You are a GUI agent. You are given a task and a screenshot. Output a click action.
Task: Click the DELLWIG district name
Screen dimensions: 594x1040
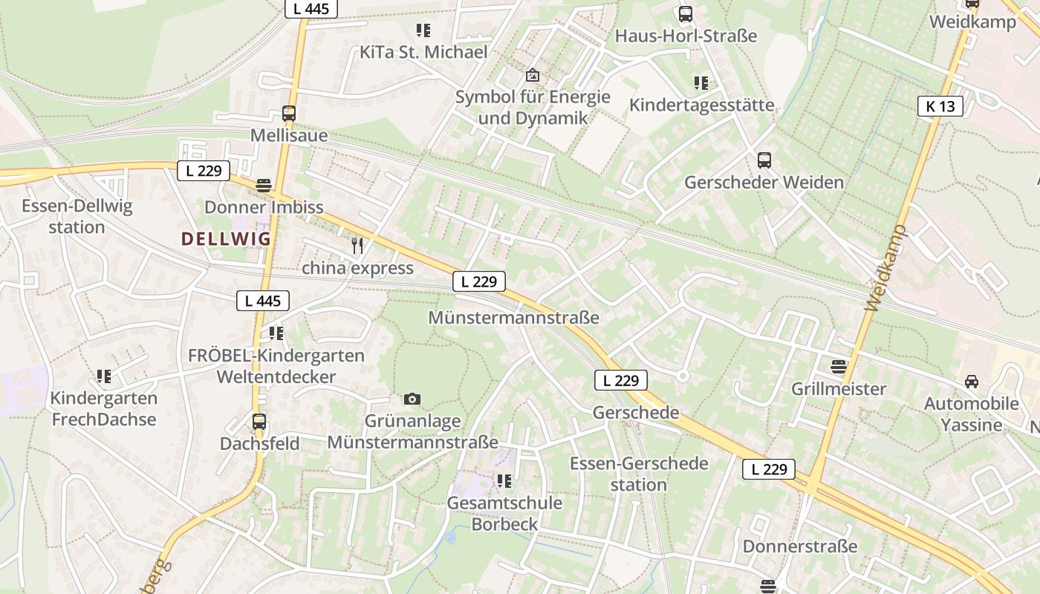pos(227,239)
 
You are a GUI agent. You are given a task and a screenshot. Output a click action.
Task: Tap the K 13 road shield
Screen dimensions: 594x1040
pos(940,106)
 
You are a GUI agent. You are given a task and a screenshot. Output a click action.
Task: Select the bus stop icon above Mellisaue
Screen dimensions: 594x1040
pos(289,114)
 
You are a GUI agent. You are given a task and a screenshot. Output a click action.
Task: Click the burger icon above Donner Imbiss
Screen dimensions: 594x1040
pos(264,185)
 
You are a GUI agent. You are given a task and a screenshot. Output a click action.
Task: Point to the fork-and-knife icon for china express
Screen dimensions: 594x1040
pos(357,246)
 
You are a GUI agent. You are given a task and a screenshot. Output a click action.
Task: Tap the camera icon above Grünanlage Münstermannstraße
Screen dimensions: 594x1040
pos(412,399)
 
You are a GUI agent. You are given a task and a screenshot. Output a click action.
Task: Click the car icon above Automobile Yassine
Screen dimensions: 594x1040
pos(971,382)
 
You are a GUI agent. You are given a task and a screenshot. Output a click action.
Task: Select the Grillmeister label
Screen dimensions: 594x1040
pos(839,389)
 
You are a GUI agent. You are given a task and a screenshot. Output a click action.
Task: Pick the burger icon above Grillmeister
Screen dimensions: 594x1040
pos(839,366)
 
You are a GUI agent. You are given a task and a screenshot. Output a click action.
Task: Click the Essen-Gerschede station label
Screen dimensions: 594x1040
pos(639,474)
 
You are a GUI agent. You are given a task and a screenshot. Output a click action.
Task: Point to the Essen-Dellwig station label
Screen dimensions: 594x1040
pos(77,216)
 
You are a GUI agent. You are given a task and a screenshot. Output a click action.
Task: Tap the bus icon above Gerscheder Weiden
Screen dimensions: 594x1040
pos(764,160)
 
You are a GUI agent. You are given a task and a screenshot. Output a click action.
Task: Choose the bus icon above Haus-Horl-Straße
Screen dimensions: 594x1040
pos(685,14)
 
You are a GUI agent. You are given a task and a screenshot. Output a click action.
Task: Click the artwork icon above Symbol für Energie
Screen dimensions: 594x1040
pos(532,75)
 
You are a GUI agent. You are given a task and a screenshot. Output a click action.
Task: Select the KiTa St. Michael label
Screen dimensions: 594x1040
pos(423,52)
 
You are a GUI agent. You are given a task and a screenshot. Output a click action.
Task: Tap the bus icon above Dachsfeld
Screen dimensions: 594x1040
pos(259,422)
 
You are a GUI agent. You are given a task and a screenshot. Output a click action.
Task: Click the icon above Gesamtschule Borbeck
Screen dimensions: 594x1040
pos(504,481)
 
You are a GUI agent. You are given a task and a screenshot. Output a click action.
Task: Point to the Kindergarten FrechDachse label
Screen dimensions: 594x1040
pos(103,408)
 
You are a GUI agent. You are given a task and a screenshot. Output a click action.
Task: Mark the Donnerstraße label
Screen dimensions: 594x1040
pos(800,546)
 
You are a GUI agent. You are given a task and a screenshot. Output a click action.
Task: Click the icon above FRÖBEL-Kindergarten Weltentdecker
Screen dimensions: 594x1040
pos(276,333)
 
